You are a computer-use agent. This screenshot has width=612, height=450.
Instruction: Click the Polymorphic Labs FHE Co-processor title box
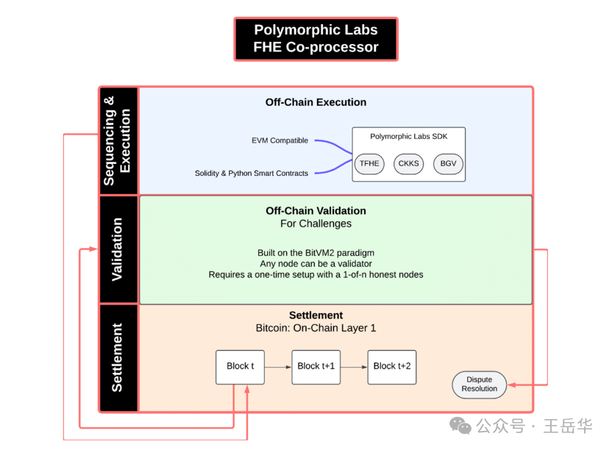(316, 39)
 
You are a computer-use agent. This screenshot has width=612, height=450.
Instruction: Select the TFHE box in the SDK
(369, 163)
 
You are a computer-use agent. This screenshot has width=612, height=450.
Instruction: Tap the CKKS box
(408, 163)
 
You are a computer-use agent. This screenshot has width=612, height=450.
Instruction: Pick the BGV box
(448, 163)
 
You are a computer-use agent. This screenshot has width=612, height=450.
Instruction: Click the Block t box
(240, 366)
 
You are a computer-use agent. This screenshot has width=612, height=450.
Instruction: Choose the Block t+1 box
(316, 366)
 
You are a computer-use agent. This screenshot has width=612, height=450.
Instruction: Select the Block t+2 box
(392, 366)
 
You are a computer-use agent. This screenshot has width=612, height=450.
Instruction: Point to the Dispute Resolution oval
(480, 384)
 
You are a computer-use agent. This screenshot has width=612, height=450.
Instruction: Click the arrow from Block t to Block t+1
(278, 366)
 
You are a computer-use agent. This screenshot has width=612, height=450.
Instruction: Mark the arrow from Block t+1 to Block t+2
(354, 366)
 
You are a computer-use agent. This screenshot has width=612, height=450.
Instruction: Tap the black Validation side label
(118, 249)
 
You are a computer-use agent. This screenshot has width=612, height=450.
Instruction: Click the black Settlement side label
(118, 357)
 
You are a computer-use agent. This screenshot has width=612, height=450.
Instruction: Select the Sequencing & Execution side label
(118, 140)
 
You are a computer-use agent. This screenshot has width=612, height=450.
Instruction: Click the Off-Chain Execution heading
(316, 102)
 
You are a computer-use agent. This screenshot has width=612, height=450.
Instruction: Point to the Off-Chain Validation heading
(316, 211)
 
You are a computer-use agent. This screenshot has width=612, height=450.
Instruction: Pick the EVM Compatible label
(280, 140)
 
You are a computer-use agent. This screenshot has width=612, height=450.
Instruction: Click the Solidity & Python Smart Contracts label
(252, 174)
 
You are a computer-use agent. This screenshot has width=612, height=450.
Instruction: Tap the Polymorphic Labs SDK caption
(408, 137)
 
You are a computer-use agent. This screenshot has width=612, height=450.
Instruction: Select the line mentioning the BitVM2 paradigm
(316, 252)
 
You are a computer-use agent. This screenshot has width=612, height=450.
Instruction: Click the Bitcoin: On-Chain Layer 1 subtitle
(316, 328)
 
